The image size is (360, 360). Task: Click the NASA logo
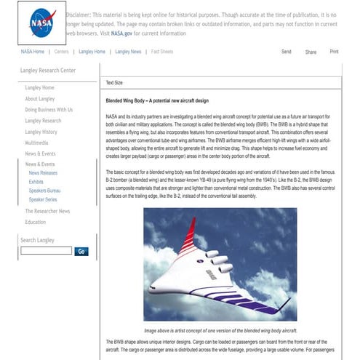(x=41, y=23)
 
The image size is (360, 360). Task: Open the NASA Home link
(x=32, y=52)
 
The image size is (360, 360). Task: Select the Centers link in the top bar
(x=62, y=52)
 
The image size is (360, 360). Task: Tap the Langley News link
(x=126, y=52)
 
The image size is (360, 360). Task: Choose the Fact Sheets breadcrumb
(x=161, y=52)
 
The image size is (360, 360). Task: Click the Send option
(x=286, y=52)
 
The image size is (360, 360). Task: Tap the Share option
(x=311, y=52)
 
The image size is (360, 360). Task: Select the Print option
(x=334, y=52)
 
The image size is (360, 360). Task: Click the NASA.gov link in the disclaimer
(x=121, y=33)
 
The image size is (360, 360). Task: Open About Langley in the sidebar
(x=41, y=98)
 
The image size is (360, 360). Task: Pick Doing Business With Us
(x=49, y=109)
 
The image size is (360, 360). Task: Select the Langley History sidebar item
(x=41, y=132)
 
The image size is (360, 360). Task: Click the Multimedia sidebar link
(x=37, y=143)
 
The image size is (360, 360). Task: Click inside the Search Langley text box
(x=46, y=251)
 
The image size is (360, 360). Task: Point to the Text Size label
(x=114, y=83)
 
